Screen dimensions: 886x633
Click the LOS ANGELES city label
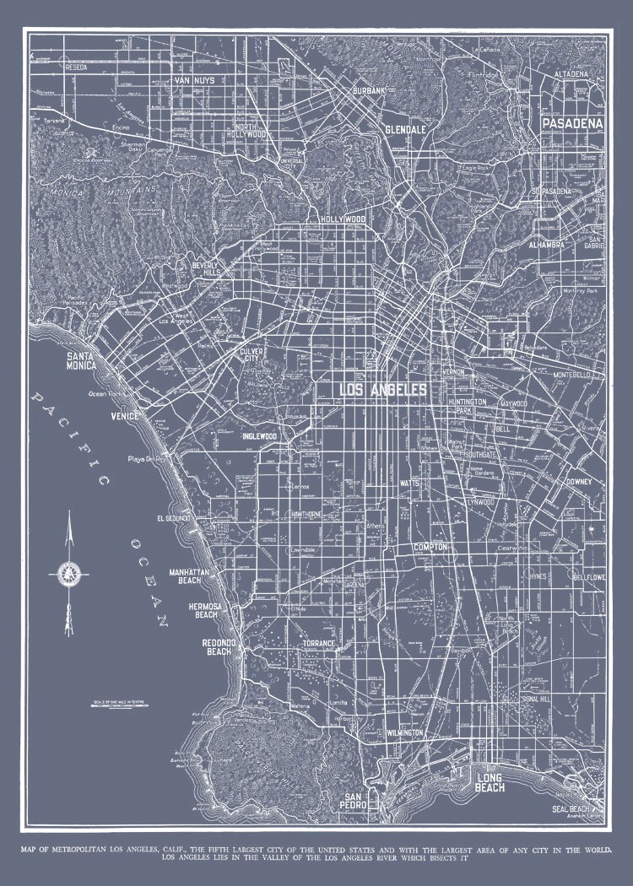coord(382,389)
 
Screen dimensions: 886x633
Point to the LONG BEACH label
coord(490,783)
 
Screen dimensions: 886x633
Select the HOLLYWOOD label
coord(343,219)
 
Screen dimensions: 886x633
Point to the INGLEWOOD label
coord(259,437)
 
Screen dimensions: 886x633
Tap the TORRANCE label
coord(319,644)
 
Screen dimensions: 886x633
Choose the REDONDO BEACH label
coord(217,647)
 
